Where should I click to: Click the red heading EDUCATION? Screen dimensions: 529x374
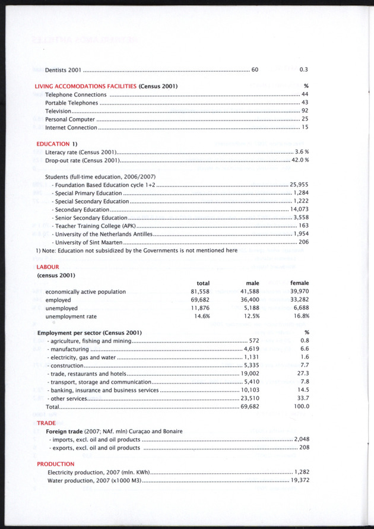(53, 144)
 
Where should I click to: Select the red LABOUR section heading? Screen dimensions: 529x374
(48, 267)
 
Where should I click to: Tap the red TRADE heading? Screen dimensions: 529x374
(46, 423)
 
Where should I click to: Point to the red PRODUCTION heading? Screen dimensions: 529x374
(56, 464)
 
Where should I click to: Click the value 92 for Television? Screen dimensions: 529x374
(305, 111)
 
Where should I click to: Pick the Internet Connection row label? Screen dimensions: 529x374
(71, 128)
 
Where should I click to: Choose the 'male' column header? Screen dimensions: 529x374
(252, 283)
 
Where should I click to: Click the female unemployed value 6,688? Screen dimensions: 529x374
(301, 308)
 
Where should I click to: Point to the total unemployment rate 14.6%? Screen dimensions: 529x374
(201, 316)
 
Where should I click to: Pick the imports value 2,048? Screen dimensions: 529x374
(302, 439)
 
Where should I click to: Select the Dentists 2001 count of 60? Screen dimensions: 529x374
(255, 70)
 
